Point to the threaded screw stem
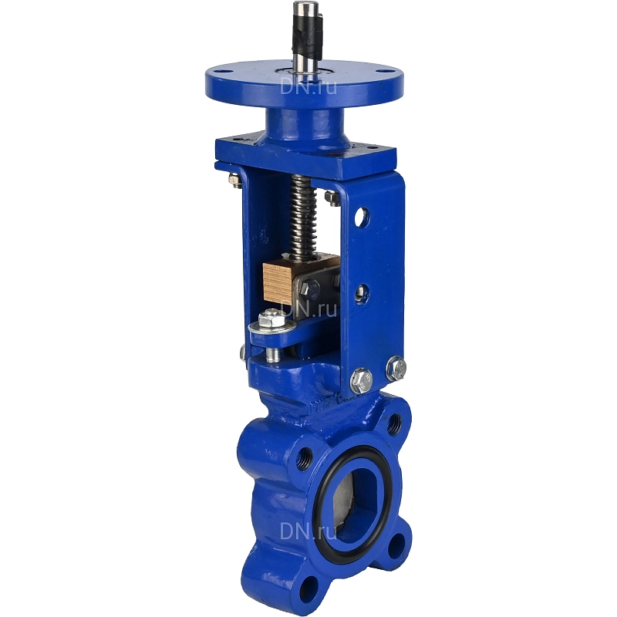click(302, 217)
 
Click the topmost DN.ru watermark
click(308, 86)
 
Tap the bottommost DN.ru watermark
click(308, 531)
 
